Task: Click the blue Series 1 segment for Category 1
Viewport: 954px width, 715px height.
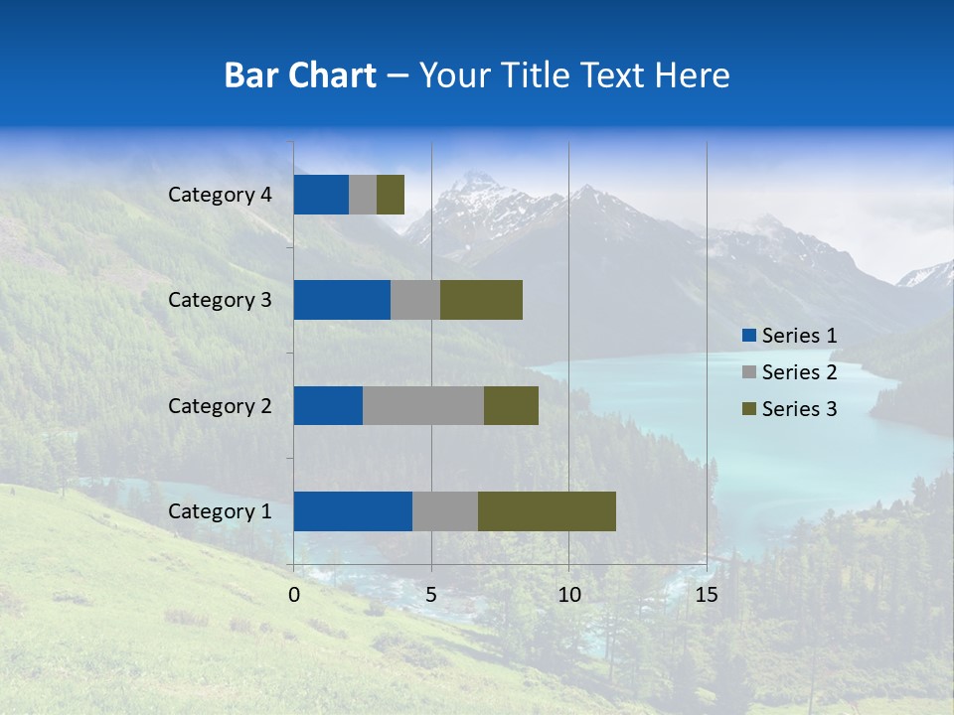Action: [x=353, y=511]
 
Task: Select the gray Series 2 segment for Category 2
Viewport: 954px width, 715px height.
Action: [x=423, y=406]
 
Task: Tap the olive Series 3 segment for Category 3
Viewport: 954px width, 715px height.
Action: [x=481, y=300]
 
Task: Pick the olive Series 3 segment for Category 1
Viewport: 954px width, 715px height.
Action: [x=547, y=511]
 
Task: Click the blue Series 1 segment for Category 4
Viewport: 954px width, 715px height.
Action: [x=321, y=195]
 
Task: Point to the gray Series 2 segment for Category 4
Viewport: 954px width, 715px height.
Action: [x=363, y=195]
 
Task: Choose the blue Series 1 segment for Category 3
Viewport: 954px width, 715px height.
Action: [x=342, y=300]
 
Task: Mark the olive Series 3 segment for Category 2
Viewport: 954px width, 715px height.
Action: [x=511, y=406]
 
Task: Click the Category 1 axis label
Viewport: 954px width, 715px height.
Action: [x=220, y=511]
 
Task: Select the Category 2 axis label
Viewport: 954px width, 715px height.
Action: [x=220, y=406]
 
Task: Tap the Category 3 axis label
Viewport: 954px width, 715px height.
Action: [x=220, y=300]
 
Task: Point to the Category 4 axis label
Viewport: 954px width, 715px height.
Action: [x=220, y=195]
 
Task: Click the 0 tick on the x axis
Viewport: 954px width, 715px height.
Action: [x=294, y=595]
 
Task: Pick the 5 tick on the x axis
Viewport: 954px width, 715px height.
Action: [x=431, y=595]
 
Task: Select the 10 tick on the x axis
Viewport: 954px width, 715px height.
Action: [x=568, y=595]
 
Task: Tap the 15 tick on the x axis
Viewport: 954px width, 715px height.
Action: [x=706, y=595]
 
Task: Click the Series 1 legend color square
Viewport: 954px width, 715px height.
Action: [x=748, y=336]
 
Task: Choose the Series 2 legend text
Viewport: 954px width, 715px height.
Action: [x=799, y=372]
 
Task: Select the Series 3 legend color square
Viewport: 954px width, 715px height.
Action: [x=748, y=409]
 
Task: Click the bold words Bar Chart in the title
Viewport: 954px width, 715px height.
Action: [x=299, y=75]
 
